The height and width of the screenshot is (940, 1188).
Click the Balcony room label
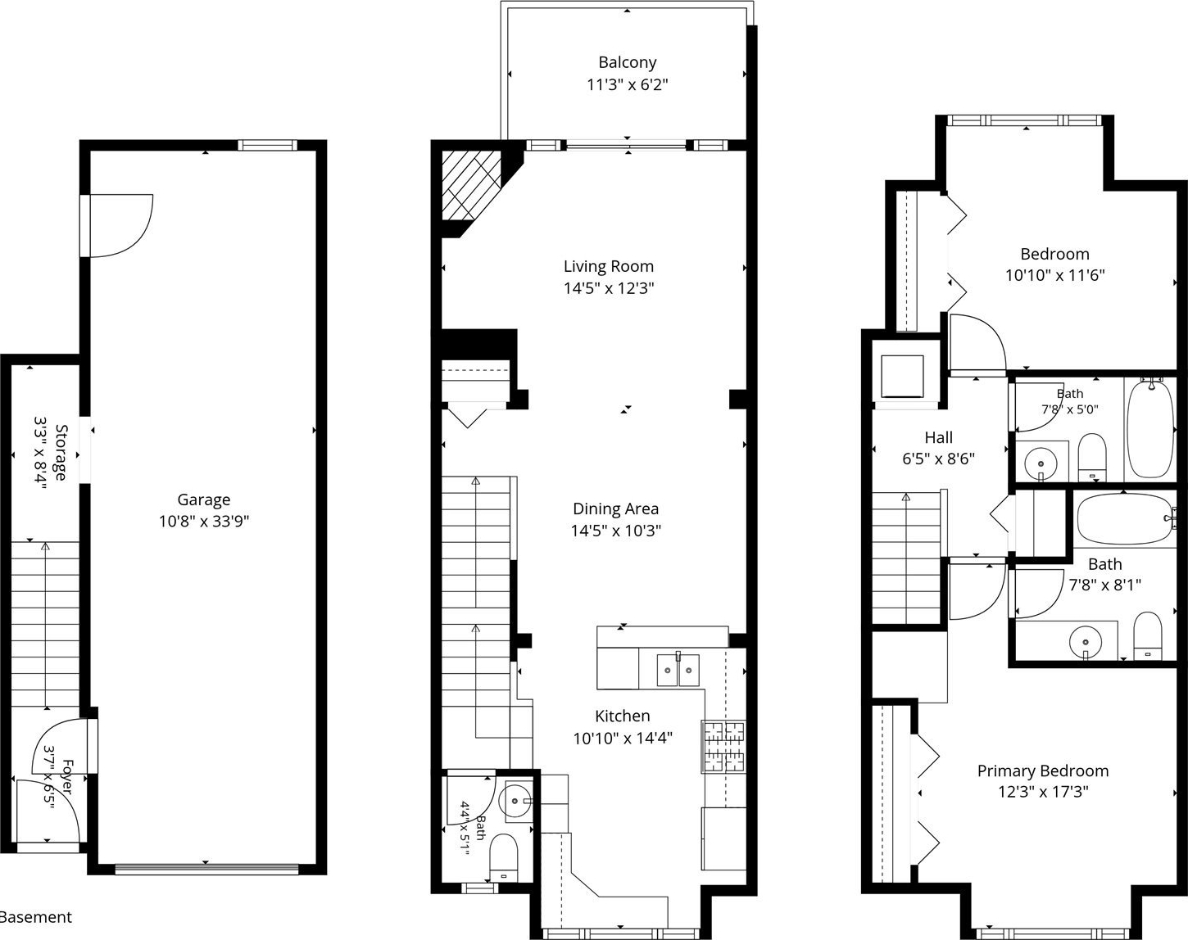point(627,62)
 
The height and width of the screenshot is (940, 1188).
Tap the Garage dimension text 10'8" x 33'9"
point(204,522)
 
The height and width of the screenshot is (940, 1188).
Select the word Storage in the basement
point(61,452)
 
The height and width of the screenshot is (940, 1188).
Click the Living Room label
point(609,266)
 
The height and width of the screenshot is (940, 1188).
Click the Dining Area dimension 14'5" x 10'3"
point(615,531)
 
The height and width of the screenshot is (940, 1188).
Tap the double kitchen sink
point(678,670)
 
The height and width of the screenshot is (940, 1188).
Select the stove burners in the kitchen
point(723,746)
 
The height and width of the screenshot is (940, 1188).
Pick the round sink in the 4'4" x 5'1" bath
point(514,801)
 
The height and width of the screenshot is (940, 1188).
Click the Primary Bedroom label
point(1042,771)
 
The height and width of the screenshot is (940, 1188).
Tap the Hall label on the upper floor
point(938,437)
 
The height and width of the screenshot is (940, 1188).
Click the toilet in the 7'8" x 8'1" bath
point(1148,635)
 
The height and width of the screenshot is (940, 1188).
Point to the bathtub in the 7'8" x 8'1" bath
point(1125,518)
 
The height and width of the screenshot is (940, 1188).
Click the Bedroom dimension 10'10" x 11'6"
point(1054,275)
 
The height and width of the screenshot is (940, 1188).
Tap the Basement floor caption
point(35,917)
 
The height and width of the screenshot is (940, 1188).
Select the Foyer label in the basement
point(67,777)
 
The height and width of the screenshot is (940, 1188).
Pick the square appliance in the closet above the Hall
point(902,376)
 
